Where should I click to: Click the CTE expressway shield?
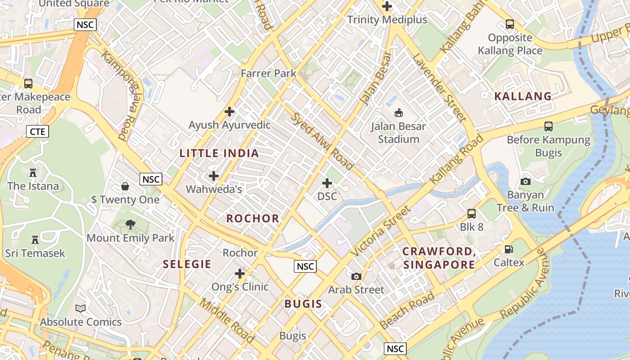pos(37,131)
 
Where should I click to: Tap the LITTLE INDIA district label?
pos(219,153)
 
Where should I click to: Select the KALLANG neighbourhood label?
pos(523,96)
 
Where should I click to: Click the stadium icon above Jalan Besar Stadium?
pos(398,112)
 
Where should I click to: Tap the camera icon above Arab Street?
pos(356,276)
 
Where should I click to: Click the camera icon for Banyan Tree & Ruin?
pos(525,181)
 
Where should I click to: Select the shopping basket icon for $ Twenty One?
pos(125,186)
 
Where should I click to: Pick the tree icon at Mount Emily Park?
pos(130,224)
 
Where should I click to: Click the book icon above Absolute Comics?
pos(81,308)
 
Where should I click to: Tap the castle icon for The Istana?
pos(32,172)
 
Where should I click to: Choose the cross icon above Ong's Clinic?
pos(240,273)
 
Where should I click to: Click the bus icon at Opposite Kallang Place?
pos(509,24)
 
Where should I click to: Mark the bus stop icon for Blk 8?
pos(472,213)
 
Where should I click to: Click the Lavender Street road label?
pos(439,87)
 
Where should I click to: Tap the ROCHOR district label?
pos(253,219)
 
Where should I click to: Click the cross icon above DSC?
pos(327,183)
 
